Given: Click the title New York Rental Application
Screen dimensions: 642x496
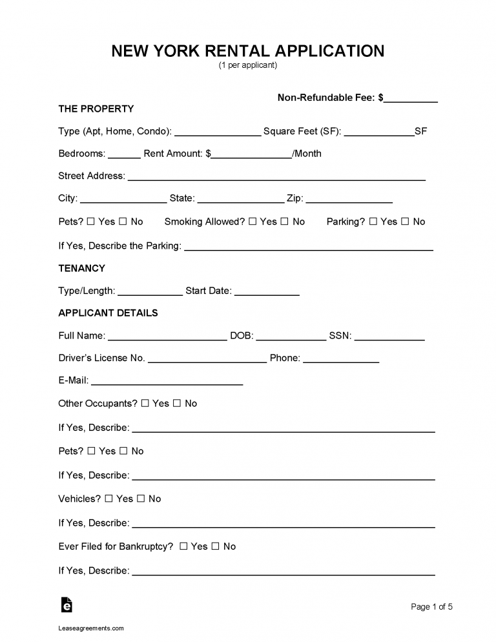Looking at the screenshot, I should point(248,51).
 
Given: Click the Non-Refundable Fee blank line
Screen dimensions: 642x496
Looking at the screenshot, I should point(411,99).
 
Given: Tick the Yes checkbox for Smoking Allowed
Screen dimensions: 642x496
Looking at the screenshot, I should point(253,222).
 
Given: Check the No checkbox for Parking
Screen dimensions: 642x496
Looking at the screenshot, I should point(405,222).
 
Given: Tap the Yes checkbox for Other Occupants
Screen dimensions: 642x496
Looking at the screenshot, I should point(145,404).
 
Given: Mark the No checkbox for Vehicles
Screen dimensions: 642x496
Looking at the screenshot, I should point(141,499).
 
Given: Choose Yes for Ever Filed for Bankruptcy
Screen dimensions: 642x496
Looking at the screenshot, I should point(183,546).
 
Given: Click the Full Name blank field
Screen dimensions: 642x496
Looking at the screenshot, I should point(167,337).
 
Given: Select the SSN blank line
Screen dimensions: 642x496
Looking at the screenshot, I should point(389,337).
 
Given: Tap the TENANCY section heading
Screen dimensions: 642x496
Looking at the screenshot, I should point(81,268).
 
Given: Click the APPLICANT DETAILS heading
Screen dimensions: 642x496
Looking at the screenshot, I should point(108,313).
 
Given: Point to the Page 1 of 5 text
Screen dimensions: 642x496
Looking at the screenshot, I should point(432,606).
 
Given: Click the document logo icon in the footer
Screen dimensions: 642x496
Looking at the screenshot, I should point(66,605).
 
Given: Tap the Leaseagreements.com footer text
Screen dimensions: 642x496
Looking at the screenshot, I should point(91,628).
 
